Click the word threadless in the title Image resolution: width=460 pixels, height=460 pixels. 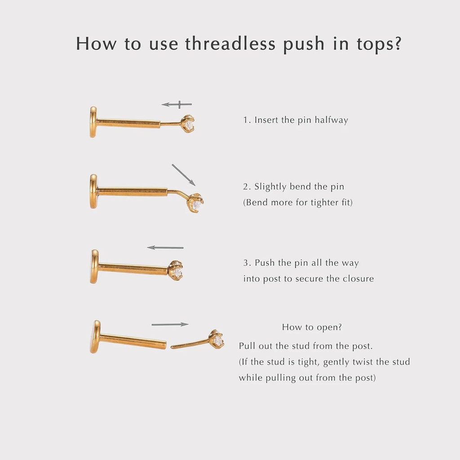pyautogui.click(x=230, y=44)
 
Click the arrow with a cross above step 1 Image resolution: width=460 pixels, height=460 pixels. pyautogui.click(x=177, y=105)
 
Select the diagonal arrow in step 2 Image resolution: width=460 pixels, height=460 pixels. pyautogui.click(x=183, y=175)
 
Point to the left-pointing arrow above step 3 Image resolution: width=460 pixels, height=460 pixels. pyautogui.click(x=165, y=248)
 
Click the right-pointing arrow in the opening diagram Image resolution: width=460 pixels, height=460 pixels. pyautogui.click(x=170, y=324)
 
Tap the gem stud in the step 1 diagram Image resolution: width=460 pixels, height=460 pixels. pyautogui.click(x=188, y=124)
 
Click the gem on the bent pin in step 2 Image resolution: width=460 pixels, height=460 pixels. pyautogui.click(x=196, y=203)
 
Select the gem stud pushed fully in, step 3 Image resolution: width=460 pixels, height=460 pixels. pyautogui.click(x=176, y=271)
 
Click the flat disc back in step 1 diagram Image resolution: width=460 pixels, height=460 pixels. pyautogui.click(x=93, y=122)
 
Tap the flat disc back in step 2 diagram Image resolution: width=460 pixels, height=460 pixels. pyautogui.click(x=93, y=191)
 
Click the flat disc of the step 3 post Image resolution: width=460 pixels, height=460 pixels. pyautogui.click(x=94, y=266)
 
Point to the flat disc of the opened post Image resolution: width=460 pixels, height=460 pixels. pyautogui.click(x=95, y=336)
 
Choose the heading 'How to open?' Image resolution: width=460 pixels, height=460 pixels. pyautogui.click(x=312, y=327)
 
